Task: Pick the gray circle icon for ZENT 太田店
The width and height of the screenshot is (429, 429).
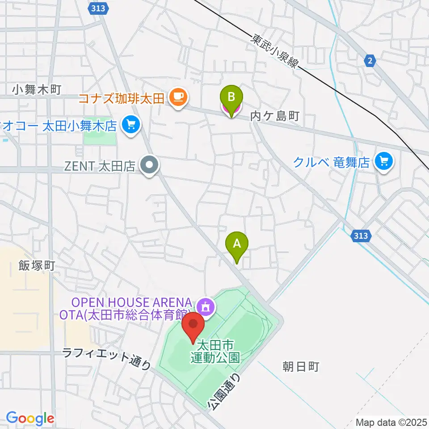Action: point(150,166)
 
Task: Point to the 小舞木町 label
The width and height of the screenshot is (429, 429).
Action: point(36,90)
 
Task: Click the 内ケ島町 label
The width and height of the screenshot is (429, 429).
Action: point(274,117)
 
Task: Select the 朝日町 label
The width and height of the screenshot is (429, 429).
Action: point(301,367)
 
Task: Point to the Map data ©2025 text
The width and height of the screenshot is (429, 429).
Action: point(391,421)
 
